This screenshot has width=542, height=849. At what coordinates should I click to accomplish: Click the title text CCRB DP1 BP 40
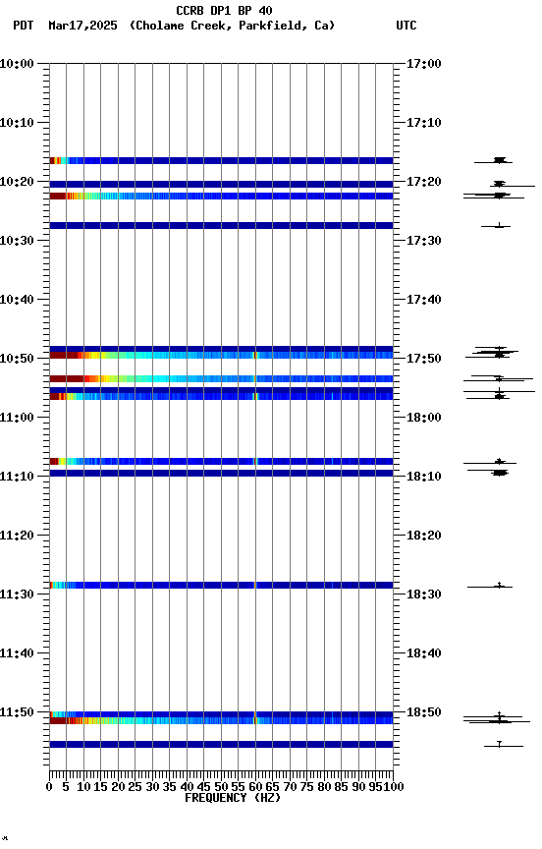click(224, 11)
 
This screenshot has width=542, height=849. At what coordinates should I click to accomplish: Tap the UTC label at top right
click(406, 26)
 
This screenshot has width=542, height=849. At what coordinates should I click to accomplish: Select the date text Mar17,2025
click(81, 26)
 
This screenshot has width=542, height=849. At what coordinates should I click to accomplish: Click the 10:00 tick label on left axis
click(18, 64)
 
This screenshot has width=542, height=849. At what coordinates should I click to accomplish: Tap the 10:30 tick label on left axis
click(18, 241)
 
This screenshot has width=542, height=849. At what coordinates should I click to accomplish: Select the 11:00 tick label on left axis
click(18, 418)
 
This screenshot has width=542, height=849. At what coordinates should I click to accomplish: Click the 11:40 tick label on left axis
click(18, 653)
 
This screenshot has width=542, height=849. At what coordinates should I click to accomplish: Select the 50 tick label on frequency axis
click(222, 786)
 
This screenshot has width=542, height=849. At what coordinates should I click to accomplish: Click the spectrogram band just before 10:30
click(221, 225)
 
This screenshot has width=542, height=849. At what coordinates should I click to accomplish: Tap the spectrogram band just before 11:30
click(221, 585)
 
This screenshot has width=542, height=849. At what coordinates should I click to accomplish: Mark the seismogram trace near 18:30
click(499, 586)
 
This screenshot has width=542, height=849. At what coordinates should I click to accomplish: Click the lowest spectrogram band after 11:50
click(221, 744)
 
